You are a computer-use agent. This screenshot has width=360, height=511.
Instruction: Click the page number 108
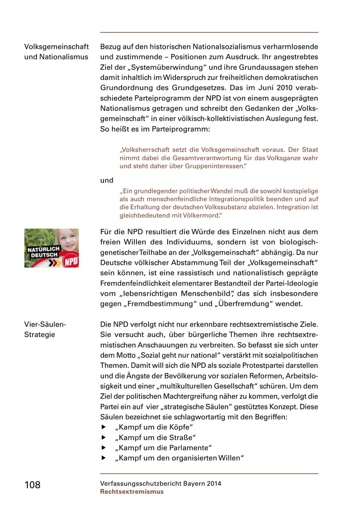pos(32,485)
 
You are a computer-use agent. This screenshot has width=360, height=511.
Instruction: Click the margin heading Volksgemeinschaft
pos(56,47)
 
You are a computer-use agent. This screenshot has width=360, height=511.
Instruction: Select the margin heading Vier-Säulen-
pos(45,325)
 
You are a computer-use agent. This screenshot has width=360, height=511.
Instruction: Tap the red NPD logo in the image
pos(72,261)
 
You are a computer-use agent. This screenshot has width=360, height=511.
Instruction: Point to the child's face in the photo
pos(66,240)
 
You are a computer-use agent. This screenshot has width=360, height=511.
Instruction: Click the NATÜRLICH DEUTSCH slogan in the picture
pos(43,252)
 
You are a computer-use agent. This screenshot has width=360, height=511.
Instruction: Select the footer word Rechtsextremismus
pos(132,492)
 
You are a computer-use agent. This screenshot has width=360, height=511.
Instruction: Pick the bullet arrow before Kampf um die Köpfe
pos(104,427)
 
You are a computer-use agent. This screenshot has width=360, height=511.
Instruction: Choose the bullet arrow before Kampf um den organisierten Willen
pos(104,458)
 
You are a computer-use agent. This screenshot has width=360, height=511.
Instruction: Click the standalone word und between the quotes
pos(107,180)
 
